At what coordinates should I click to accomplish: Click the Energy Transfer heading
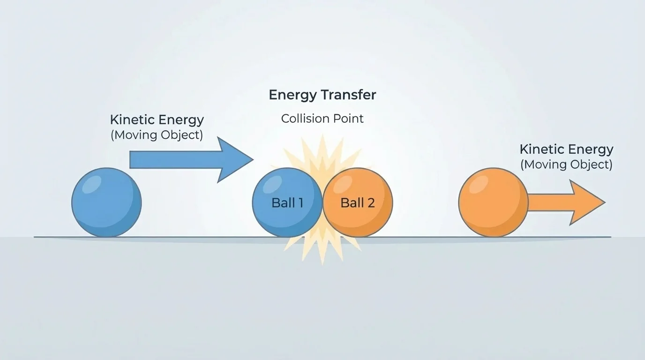pyautogui.click(x=322, y=95)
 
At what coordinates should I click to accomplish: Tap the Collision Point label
pyautogui.click(x=322, y=119)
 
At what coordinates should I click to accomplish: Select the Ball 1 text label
pyautogui.click(x=287, y=203)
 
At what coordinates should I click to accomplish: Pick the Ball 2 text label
pyautogui.click(x=358, y=203)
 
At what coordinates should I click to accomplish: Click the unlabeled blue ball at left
pyautogui.click(x=106, y=202)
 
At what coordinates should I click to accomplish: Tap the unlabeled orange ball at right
pyautogui.click(x=493, y=202)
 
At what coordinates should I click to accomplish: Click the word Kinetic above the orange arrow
pyautogui.click(x=541, y=150)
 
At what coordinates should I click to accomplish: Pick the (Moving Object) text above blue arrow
pyautogui.click(x=157, y=135)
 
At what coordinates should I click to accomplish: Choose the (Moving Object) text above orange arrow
pyautogui.click(x=566, y=165)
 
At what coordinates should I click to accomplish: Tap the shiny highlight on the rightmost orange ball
pyautogui.click(x=479, y=184)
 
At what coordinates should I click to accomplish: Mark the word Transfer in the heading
pyautogui.click(x=349, y=95)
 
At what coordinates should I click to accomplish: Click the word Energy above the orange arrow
pyautogui.click(x=590, y=150)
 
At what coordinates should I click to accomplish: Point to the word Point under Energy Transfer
pyautogui.click(x=349, y=119)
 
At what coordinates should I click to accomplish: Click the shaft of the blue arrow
pyautogui.click(x=173, y=160)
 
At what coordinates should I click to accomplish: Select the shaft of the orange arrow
pyautogui.click(x=548, y=202)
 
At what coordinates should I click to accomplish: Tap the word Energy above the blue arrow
pyautogui.click(x=180, y=120)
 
